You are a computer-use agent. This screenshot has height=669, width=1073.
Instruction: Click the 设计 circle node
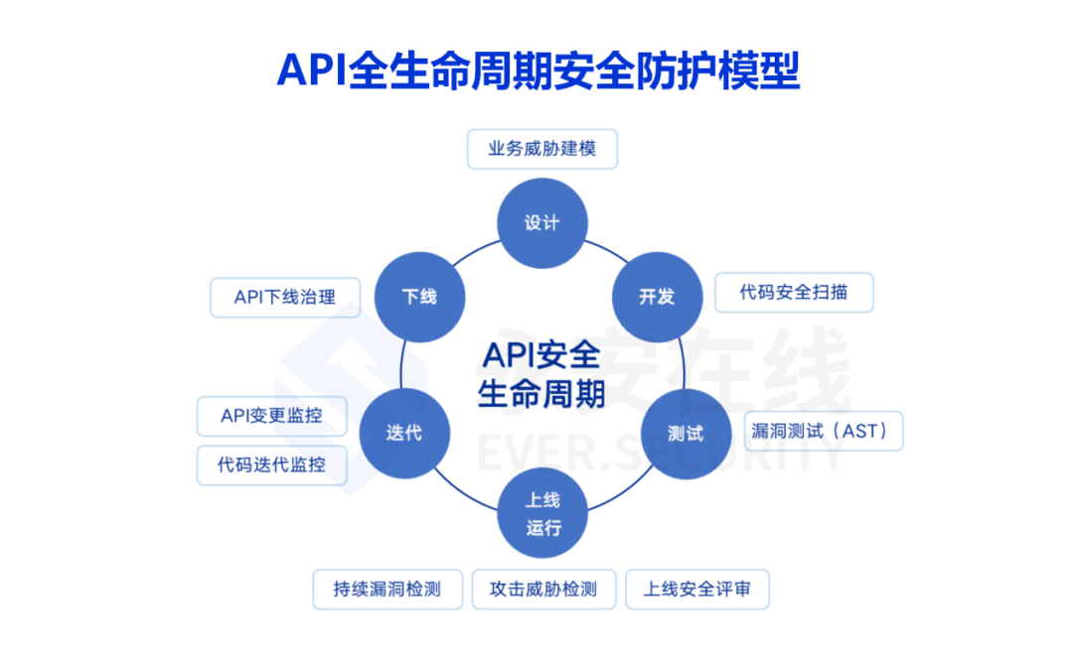[x=541, y=222]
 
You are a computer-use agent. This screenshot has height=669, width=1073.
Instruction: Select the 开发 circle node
[x=657, y=296]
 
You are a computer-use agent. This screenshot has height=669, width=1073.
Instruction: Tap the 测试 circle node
[x=686, y=434]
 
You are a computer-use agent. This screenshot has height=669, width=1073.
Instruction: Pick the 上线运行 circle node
[x=542, y=514]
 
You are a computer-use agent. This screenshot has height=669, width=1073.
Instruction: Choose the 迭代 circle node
[x=404, y=434]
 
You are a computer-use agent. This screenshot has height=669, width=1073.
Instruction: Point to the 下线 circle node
[x=419, y=296]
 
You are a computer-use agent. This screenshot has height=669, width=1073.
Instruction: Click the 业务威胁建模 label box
[x=541, y=149]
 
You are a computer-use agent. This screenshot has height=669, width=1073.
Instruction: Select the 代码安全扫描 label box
[x=794, y=293]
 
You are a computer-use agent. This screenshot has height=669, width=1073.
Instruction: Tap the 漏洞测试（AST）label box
[x=824, y=431]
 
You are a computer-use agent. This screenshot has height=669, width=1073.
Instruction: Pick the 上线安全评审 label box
[x=696, y=589]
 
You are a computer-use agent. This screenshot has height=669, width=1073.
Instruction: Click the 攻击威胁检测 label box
[x=543, y=589]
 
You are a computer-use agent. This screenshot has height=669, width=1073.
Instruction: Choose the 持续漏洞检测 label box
[x=386, y=589]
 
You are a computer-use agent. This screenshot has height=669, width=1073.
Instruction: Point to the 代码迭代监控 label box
[x=272, y=464]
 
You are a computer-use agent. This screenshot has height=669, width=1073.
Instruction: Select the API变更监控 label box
[x=272, y=415]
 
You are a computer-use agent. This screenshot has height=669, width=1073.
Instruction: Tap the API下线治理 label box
[x=285, y=297]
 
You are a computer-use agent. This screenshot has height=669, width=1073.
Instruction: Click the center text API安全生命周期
[x=541, y=374]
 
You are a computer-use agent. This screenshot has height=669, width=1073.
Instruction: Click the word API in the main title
[x=310, y=70]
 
